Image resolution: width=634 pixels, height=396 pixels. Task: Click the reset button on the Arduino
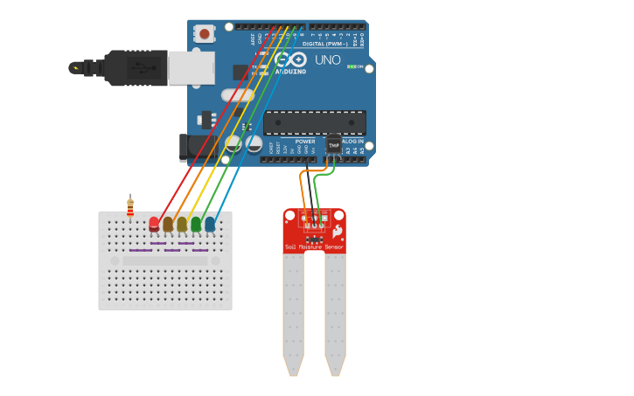(205, 34)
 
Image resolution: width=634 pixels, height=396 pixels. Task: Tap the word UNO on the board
(327, 60)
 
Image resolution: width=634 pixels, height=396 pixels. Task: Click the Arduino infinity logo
(289, 59)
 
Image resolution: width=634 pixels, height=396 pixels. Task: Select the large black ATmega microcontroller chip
(314, 123)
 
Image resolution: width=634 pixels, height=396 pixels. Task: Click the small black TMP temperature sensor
(334, 144)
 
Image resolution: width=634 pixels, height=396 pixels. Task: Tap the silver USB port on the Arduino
(191, 67)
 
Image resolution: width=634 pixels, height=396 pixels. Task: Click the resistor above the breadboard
(130, 208)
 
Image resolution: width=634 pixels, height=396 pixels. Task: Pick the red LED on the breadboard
(155, 224)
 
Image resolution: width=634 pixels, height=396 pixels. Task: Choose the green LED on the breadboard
(196, 225)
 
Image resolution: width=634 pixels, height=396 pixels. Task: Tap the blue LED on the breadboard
(210, 225)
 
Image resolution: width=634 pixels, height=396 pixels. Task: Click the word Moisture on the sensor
(310, 247)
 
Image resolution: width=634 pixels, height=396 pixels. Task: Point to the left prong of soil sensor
(293, 315)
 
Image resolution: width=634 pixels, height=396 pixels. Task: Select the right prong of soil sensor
(335, 315)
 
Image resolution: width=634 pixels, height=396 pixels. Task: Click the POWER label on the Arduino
(305, 141)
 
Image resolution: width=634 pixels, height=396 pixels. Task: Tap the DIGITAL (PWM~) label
(324, 43)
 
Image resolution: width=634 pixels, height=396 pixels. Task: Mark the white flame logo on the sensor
(338, 232)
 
